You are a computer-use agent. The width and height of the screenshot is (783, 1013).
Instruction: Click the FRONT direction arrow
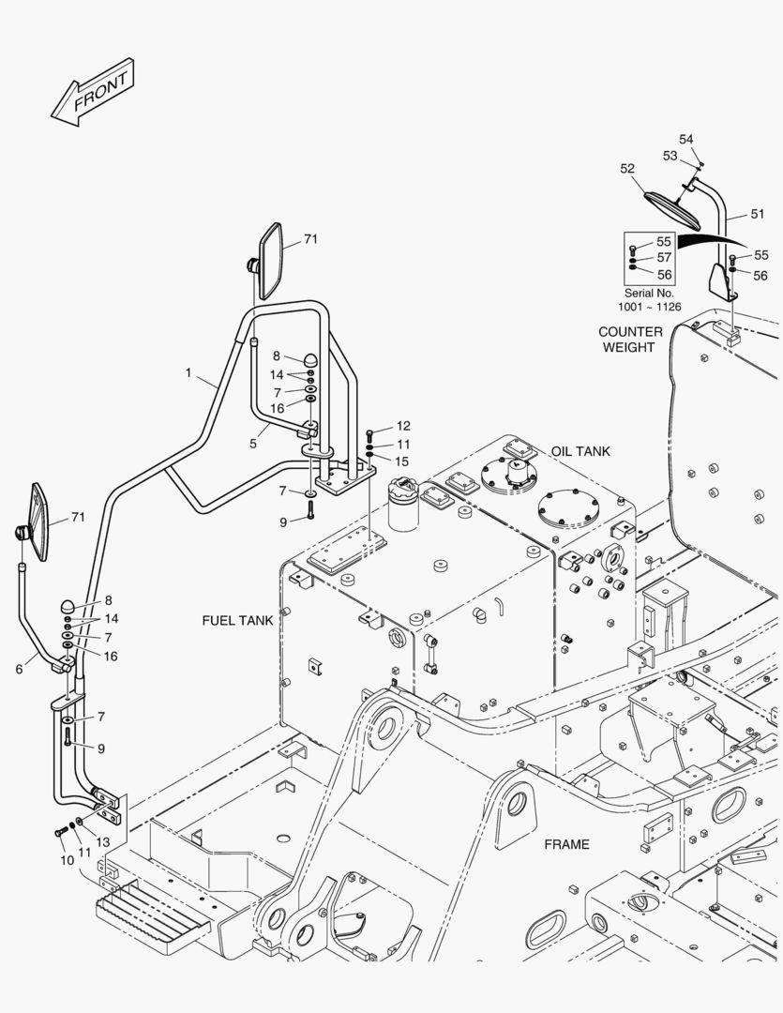pyautogui.click(x=93, y=92)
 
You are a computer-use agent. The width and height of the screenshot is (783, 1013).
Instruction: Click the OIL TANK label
pyautogui.click(x=580, y=451)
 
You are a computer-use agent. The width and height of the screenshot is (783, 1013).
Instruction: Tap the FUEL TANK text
pyautogui.click(x=237, y=620)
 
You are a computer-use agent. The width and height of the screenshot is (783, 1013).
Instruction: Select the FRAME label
pyautogui.click(x=566, y=844)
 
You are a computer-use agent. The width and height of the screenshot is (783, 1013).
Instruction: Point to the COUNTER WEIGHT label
pyautogui.click(x=630, y=340)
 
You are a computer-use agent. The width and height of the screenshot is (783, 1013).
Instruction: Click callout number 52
pyautogui.click(x=627, y=168)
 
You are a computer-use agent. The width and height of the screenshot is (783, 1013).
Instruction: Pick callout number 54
pyautogui.click(x=686, y=139)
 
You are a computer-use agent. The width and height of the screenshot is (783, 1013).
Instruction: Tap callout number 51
pyautogui.click(x=757, y=214)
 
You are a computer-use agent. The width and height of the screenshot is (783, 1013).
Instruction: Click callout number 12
pyautogui.click(x=403, y=426)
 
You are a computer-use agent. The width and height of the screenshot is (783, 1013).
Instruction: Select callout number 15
pyautogui.click(x=402, y=461)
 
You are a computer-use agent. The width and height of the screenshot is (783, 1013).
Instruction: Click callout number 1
pyautogui.click(x=188, y=372)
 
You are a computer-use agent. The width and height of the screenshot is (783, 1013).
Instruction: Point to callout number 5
pyautogui.click(x=253, y=443)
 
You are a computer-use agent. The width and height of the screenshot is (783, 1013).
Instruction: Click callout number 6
pyautogui.click(x=19, y=670)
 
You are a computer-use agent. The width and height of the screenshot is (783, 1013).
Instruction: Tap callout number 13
pyautogui.click(x=103, y=842)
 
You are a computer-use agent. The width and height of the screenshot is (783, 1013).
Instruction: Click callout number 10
pyautogui.click(x=68, y=860)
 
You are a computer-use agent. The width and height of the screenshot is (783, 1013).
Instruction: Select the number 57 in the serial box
pyautogui.click(x=664, y=257)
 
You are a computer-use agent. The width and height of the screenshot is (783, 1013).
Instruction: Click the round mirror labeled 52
pyautogui.click(x=672, y=210)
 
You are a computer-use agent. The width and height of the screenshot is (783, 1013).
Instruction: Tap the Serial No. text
pyautogui.click(x=649, y=293)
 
